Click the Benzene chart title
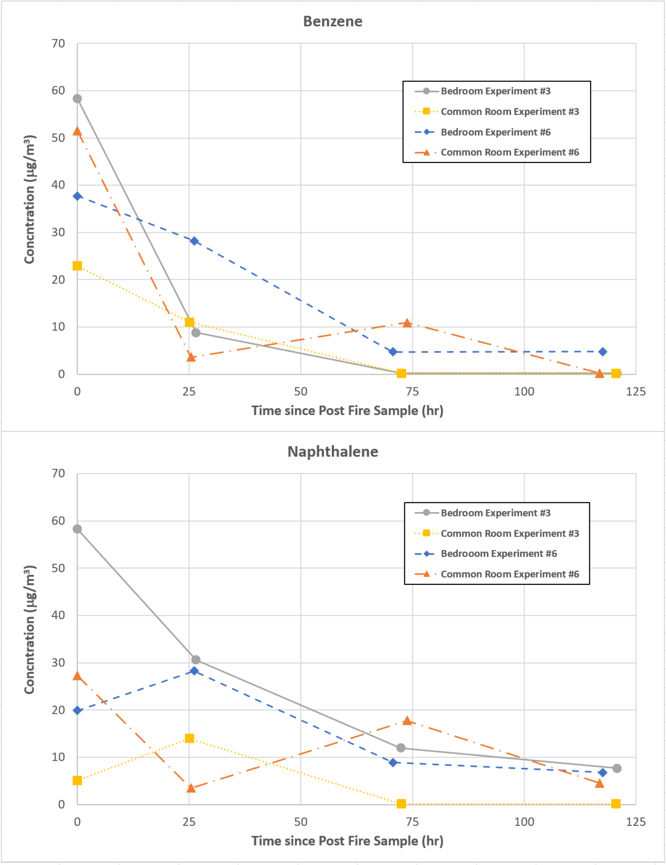click(x=333, y=21)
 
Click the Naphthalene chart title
click(x=333, y=451)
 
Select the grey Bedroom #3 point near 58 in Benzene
click(x=77, y=99)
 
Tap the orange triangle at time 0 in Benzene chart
click(x=77, y=131)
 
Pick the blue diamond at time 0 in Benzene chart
click(x=77, y=196)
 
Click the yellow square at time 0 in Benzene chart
click(x=77, y=266)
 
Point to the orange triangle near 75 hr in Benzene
click(x=407, y=323)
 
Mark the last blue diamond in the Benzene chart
click(x=602, y=352)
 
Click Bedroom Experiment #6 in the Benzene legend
click(x=496, y=132)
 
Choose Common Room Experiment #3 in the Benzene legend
click(x=510, y=112)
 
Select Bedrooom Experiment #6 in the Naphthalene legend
click(x=498, y=554)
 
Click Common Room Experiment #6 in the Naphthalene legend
click(x=510, y=574)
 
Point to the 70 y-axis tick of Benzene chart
click(x=58, y=44)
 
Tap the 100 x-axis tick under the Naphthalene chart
click(x=524, y=822)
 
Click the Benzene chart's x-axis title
click(x=347, y=411)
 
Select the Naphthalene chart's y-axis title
click(x=30, y=629)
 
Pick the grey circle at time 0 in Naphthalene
click(x=77, y=529)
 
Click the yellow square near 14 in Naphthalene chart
click(x=189, y=738)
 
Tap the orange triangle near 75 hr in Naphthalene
click(x=407, y=721)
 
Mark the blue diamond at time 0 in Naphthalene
click(x=77, y=711)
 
